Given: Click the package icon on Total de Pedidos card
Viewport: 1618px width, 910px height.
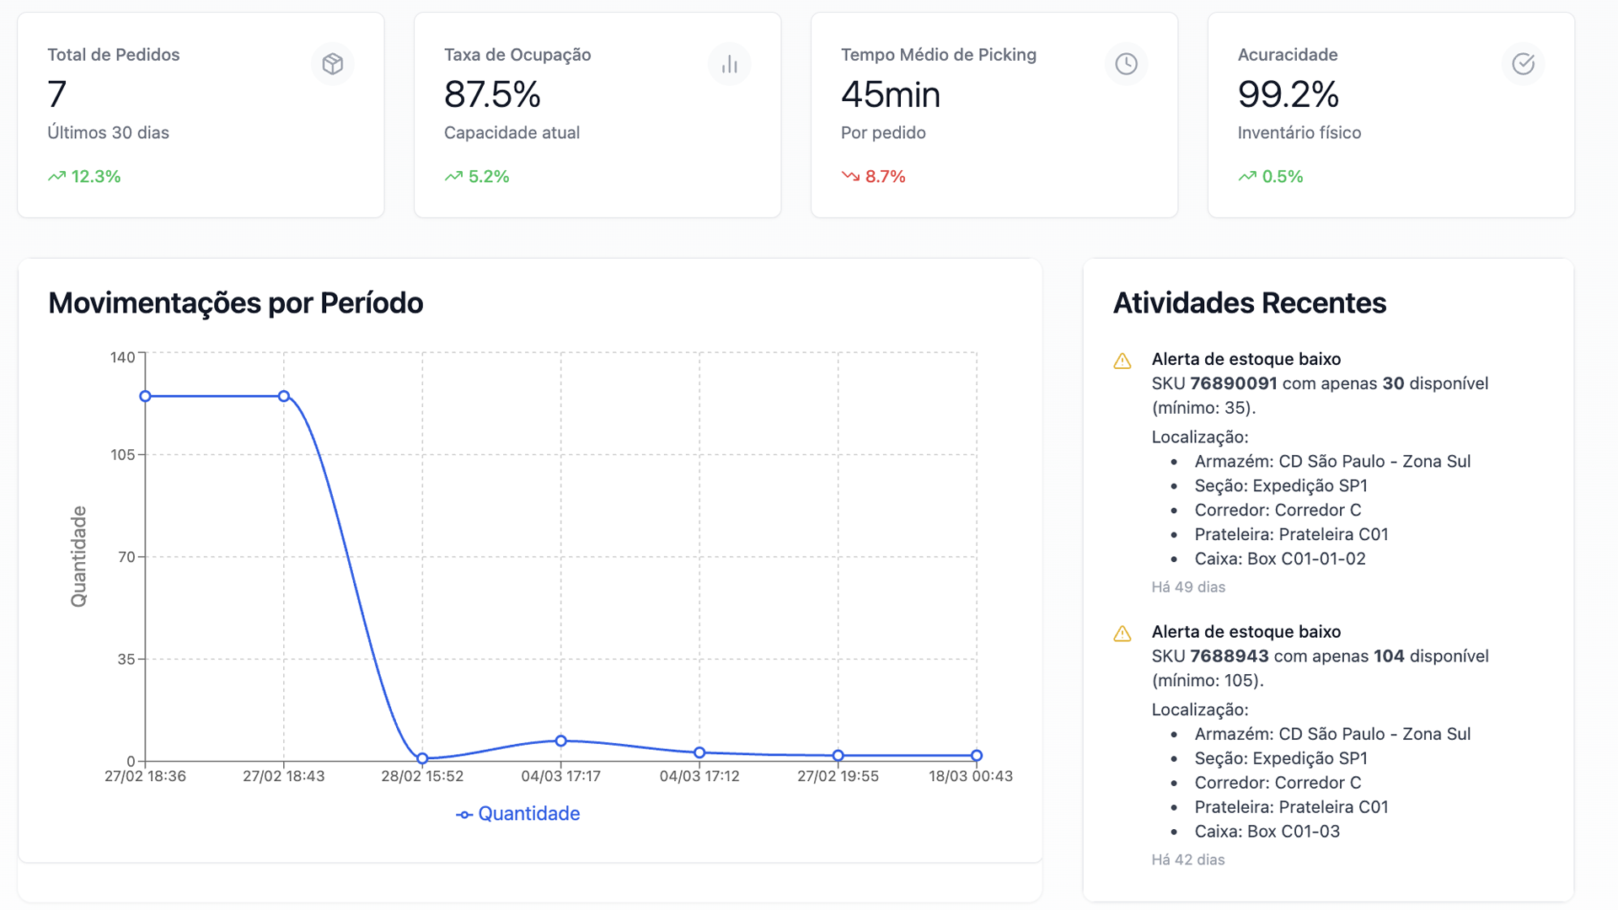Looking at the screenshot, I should point(333,64).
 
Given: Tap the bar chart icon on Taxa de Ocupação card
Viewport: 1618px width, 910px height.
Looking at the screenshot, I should point(730,64).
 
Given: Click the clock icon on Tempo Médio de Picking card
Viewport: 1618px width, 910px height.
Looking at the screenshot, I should point(1126,64).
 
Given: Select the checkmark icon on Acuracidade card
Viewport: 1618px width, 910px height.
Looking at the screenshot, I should point(1523,64).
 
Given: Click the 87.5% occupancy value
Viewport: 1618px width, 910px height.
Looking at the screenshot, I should point(492,94).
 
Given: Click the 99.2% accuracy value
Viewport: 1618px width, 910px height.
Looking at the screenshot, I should point(1288,94).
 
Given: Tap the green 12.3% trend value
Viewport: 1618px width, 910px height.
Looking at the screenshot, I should point(95,177).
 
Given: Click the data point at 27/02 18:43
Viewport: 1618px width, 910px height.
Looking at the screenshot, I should point(284,396).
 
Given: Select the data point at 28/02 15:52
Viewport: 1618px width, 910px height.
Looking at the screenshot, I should point(422,758).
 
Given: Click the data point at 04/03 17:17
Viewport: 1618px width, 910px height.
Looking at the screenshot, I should point(561,741).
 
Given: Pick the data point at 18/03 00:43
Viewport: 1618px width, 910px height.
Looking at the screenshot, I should point(976,756).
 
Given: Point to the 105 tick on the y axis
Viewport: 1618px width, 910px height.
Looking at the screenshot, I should point(123,455).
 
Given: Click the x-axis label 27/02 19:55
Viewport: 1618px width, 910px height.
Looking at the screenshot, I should point(838,776).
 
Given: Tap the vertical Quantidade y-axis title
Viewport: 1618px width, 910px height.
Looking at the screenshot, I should point(78,556).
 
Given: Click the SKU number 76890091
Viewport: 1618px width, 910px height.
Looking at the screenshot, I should point(1233,383).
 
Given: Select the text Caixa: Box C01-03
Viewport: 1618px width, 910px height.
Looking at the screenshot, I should point(1267,832).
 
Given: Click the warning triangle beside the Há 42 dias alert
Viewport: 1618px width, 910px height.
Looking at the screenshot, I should point(1122,634).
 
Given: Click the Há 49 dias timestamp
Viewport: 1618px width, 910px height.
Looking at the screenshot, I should point(1188,587).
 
